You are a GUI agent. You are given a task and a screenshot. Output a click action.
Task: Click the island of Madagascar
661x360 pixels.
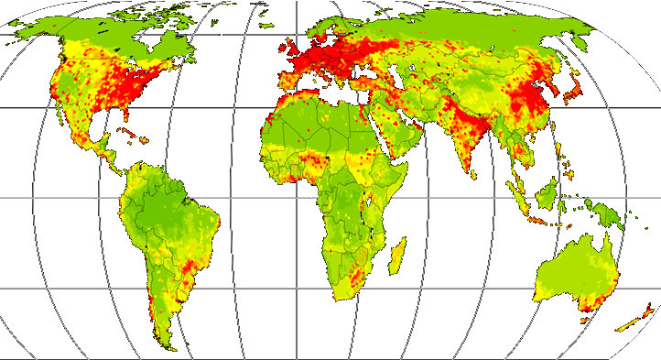point(397,255)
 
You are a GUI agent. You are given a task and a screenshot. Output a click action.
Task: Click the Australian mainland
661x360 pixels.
point(573,270)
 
